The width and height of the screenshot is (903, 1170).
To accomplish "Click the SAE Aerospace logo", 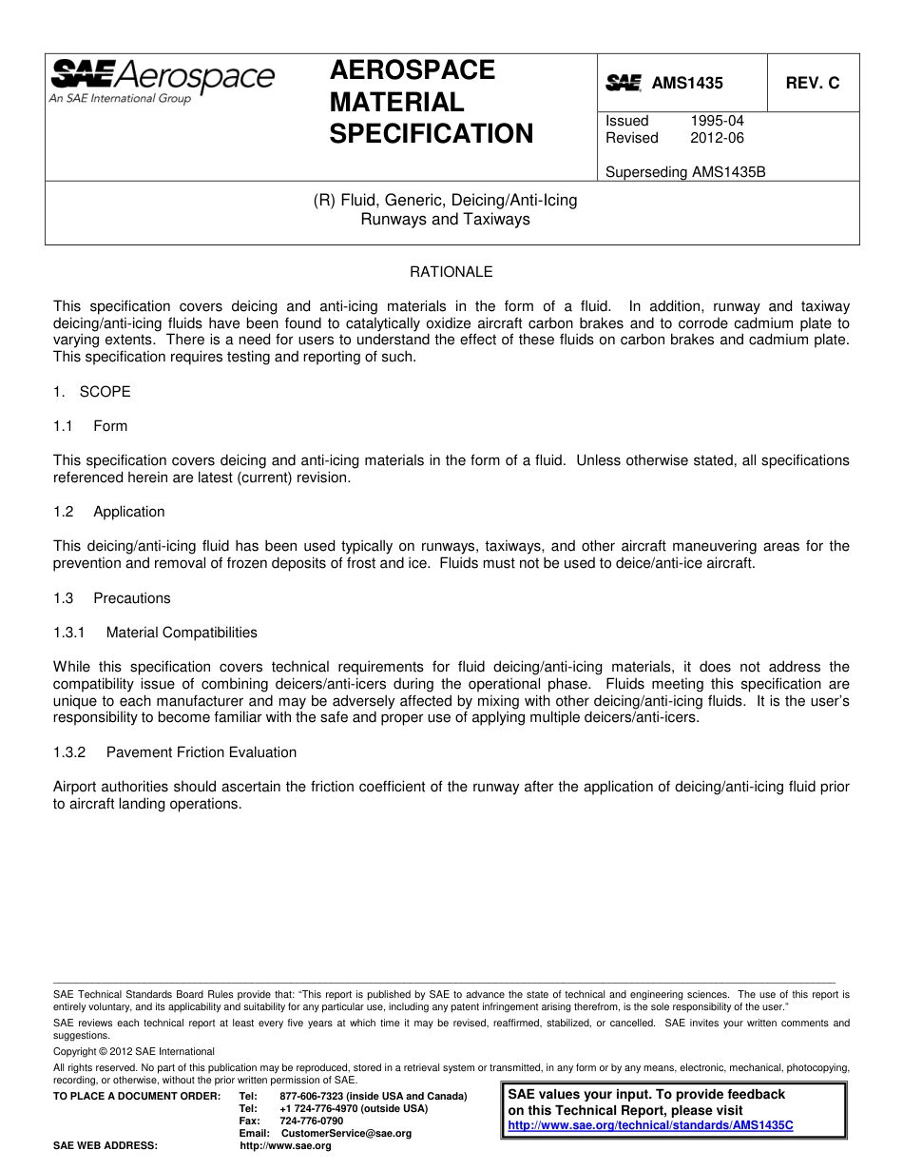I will (162, 80).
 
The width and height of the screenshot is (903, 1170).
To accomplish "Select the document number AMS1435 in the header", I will (687, 84).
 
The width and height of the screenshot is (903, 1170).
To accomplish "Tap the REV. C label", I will (813, 84).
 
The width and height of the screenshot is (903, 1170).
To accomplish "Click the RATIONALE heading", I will (451, 272).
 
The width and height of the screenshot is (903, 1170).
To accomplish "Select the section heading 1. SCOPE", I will (92, 392).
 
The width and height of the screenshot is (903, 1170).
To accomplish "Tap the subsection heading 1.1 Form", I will (90, 426).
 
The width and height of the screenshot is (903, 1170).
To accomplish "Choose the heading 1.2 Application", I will (109, 512).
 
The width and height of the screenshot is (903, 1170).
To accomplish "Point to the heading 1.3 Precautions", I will (112, 598).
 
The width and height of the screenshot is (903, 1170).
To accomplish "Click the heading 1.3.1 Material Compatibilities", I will (155, 633).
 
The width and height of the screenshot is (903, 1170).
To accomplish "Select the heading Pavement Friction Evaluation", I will (202, 752).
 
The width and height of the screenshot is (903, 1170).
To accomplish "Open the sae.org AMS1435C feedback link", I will (650, 1125).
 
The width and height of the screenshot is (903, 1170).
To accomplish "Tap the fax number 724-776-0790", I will (312, 1121).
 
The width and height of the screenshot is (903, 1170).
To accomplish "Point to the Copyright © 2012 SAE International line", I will (134, 1052).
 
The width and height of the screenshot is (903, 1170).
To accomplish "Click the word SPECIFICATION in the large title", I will (432, 134).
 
